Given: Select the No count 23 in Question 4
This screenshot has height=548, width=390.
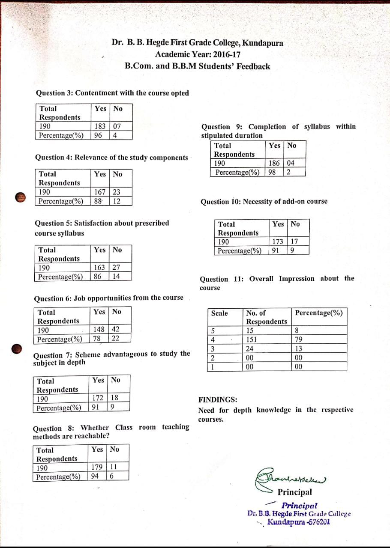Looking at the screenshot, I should click(x=116, y=192).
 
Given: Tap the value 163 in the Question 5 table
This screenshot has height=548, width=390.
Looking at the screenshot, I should click(x=99, y=268).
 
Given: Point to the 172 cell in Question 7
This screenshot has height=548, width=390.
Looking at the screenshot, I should click(x=98, y=399).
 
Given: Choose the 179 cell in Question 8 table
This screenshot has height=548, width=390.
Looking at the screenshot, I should click(x=97, y=468).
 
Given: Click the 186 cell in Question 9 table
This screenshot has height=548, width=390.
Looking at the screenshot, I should click(x=274, y=163).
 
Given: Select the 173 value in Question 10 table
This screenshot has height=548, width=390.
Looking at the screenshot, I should click(x=278, y=242).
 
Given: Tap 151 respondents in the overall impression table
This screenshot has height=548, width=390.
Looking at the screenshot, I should click(x=252, y=340).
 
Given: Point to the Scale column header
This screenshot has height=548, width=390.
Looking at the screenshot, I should click(x=220, y=313).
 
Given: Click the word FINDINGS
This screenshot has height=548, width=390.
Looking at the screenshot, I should click(x=218, y=400).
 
